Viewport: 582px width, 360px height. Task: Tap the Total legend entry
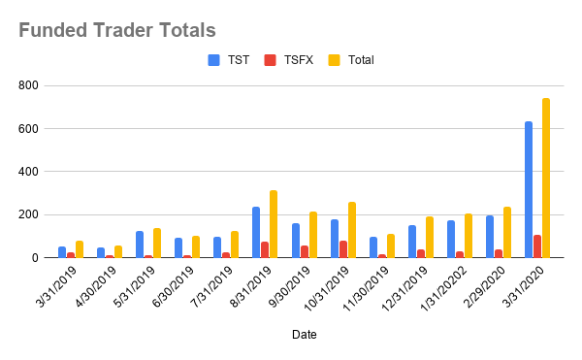click(359, 60)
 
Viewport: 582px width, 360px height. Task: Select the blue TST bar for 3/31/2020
click(529, 190)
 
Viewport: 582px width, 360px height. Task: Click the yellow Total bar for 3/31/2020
click(546, 179)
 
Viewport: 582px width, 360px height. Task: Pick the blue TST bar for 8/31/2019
click(256, 233)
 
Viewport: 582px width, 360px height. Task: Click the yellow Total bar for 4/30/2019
click(118, 252)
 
